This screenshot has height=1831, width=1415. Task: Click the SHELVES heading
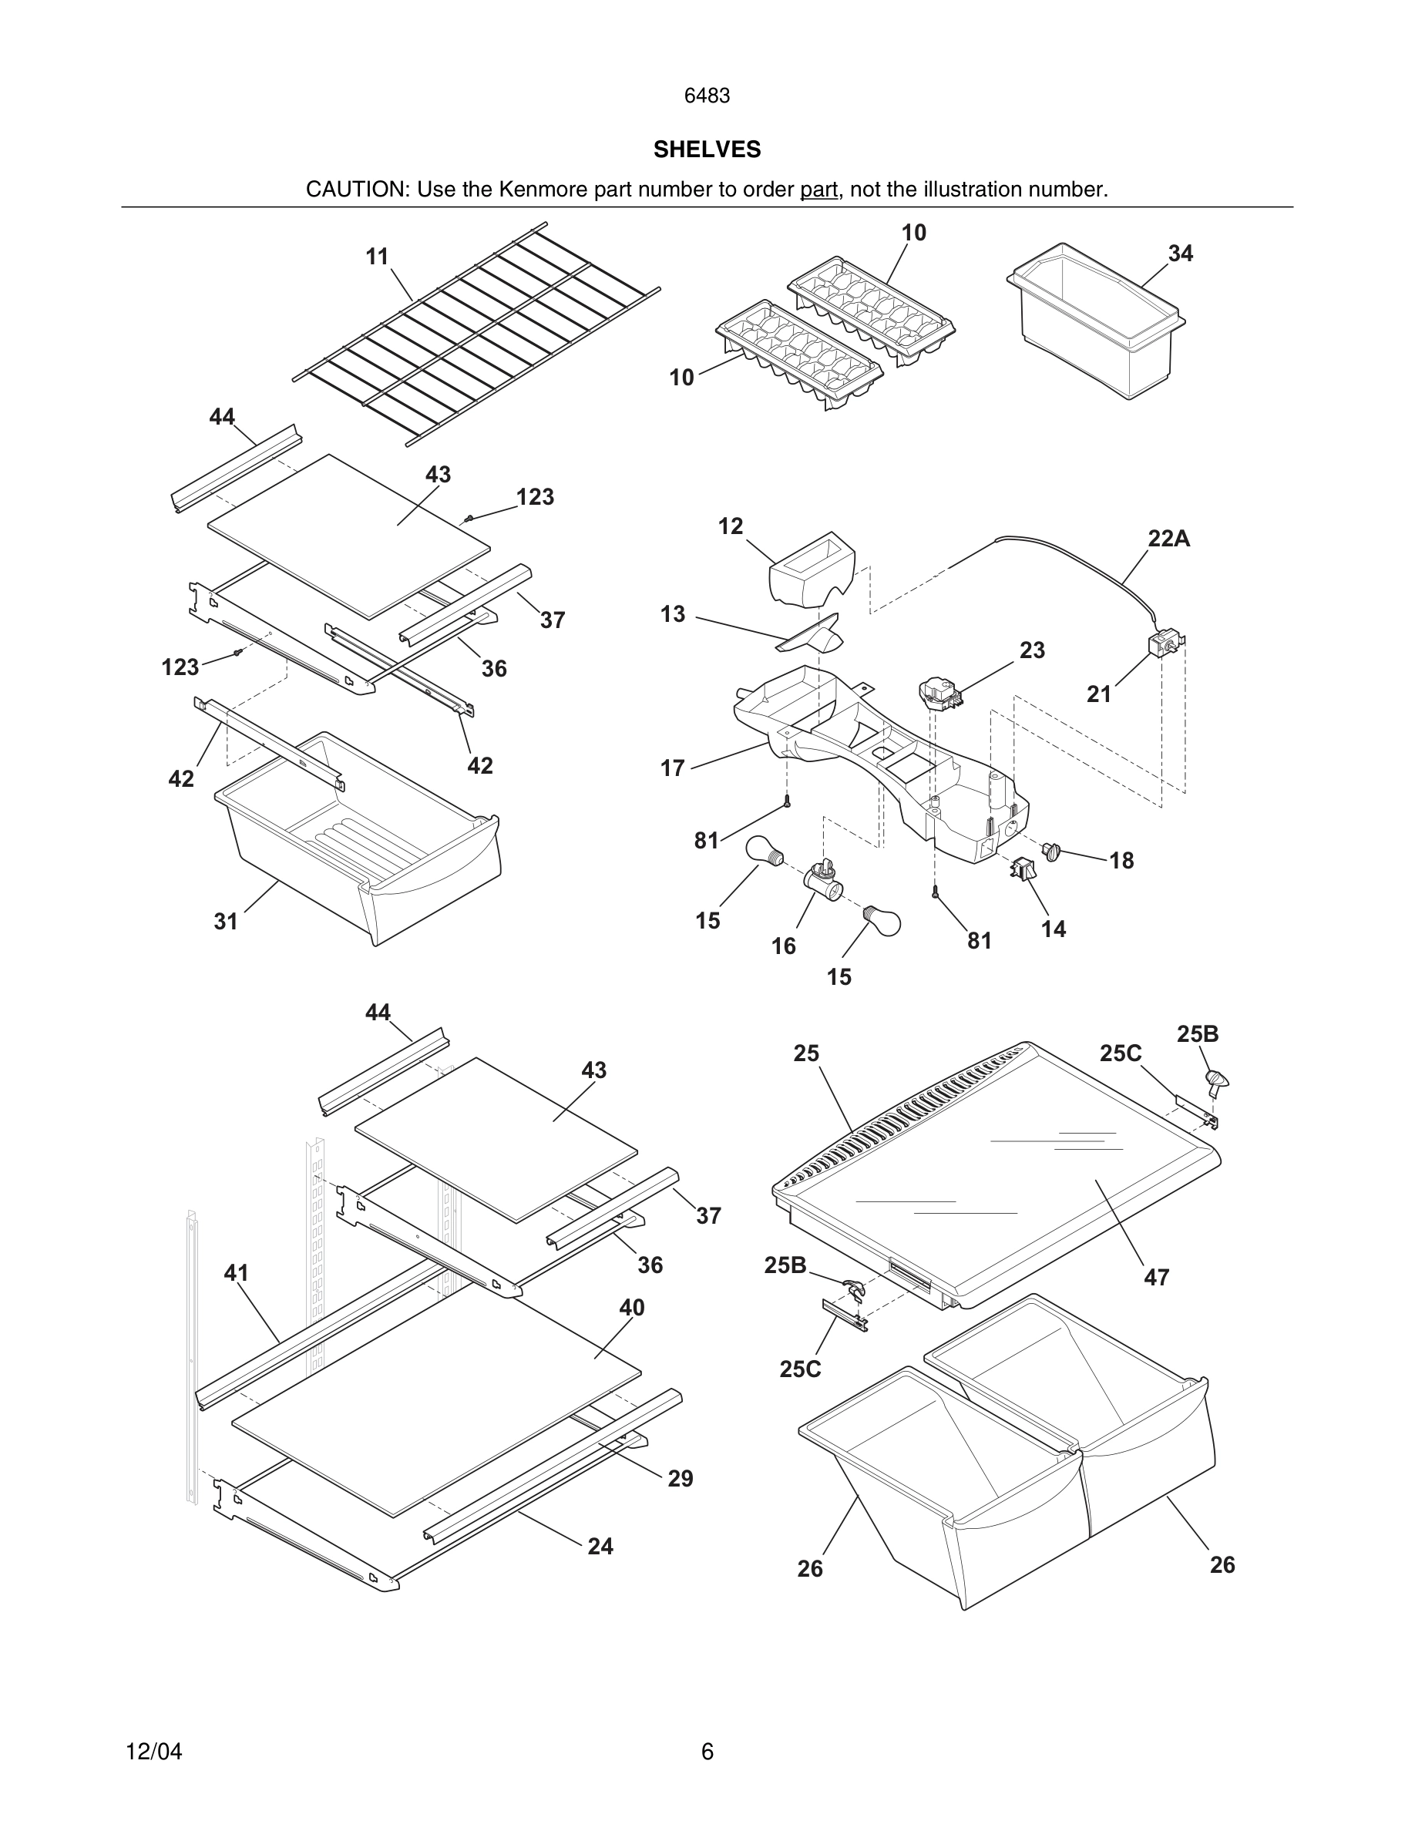[707, 150]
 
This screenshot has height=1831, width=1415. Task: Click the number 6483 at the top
[707, 96]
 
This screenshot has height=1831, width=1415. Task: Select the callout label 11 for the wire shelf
[377, 257]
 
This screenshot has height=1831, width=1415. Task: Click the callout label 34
[1180, 254]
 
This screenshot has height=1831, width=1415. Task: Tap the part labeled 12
[812, 570]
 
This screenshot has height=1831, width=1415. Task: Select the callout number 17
[672, 768]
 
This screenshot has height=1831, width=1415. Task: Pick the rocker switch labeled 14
[1023, 870]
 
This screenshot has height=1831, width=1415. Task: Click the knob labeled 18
[1051, 852]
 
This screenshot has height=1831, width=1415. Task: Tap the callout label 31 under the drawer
[227, 922]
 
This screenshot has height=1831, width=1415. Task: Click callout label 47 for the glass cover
[1156, 1277]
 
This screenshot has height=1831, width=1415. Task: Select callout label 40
[631, 1307]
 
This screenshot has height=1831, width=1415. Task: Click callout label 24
[600, 1546]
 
